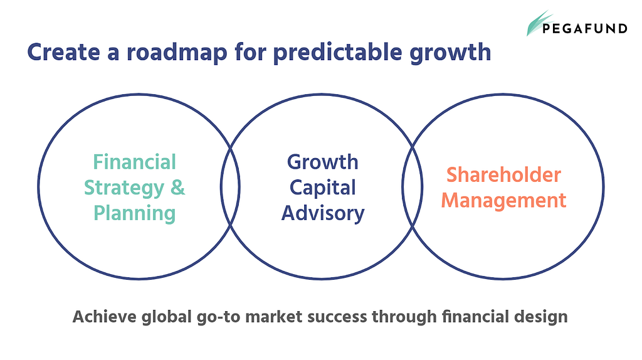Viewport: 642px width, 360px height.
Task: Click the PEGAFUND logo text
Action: [585, 28]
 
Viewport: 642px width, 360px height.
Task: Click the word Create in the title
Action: [63, 53]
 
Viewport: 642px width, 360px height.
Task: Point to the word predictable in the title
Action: [338, 53]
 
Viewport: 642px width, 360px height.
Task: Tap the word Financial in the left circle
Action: [135, 162]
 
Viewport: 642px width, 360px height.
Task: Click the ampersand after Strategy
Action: [177, 188]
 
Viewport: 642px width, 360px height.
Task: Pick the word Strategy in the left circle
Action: [124, 188]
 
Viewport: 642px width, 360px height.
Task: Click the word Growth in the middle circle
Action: [323, 162]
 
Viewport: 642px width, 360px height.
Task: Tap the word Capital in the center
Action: [323, 188]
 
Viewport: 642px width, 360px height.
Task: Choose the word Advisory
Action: [323, 214]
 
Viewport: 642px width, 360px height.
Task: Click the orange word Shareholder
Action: [503, 175]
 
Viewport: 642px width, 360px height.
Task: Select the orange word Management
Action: [503, 201]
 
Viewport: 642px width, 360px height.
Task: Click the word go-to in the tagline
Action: [218, 317]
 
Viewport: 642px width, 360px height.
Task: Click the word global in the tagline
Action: [167, 317]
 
